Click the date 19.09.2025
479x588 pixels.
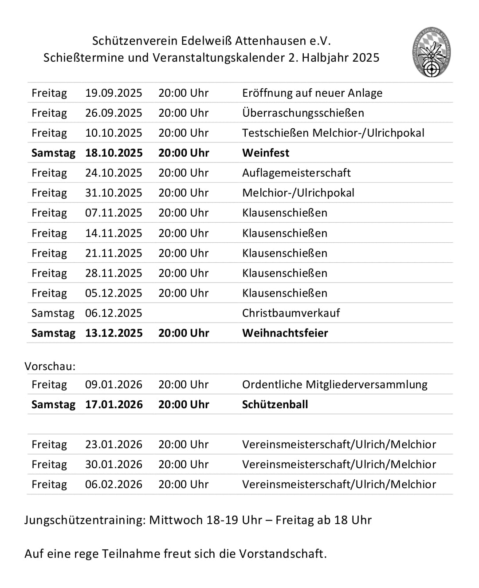pyautogui.click(x=114, y=93)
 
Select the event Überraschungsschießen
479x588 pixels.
pyautogui.click(x=303, y=113)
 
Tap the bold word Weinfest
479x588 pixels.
pyautogui.click(x=266, y=153)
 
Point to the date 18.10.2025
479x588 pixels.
pyautogui.click(x=114, y=153)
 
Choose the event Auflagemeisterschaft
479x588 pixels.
pyautogui.click(x=296, y=173)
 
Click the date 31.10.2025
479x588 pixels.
pyautogui.click(x=114, y=193)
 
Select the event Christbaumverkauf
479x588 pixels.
pyautogui.click(x=291, y=313)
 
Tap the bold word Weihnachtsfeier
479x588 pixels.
pyautogui.click(x=285, y=333)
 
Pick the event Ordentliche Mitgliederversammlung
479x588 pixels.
pyautogui.click(x=335, y=385)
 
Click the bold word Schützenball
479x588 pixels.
pyautogui.click(x=275, y=405)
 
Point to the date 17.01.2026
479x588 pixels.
pyautogui.click(x=114, y=405)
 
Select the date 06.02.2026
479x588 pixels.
pyautogui.click(x=114, y=485)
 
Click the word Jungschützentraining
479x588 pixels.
pyautogui.click(x=85, y=520)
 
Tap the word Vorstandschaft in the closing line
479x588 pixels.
pyautogui.click(x=283, y=554)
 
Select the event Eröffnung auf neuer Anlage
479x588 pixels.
pyautogui.click(x=312, y=93)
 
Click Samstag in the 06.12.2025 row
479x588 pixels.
pyautogui.click(x=53, y=313)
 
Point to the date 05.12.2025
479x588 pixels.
pyautogui.click(x=114, y=293)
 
